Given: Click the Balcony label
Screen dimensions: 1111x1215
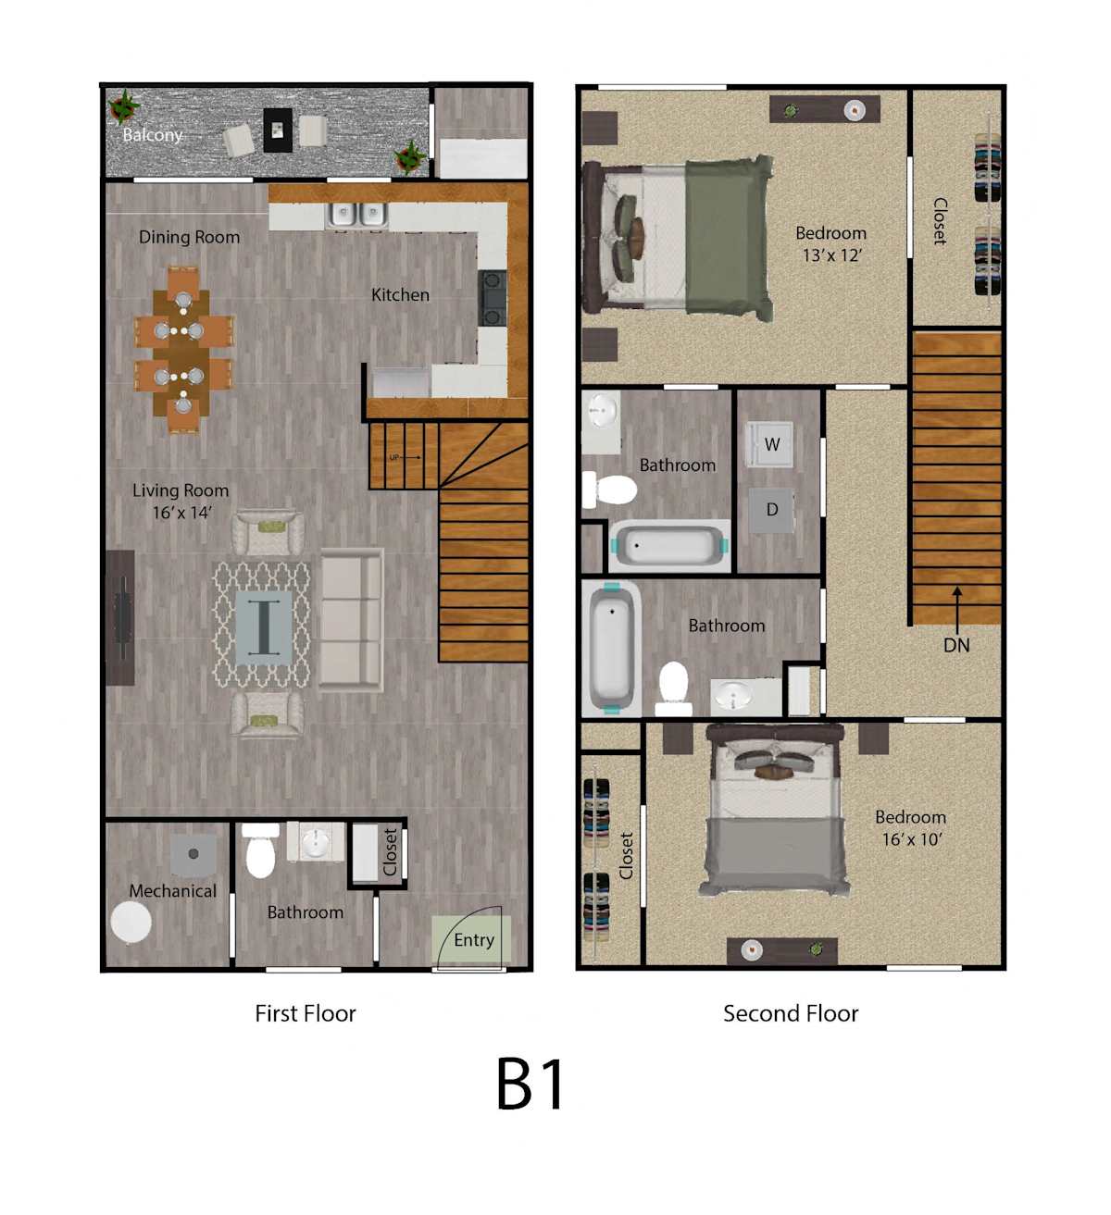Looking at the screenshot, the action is click(152, 134).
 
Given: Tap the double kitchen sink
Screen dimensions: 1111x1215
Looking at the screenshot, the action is click(357, 214).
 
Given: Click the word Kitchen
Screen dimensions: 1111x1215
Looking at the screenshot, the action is click(400, 295).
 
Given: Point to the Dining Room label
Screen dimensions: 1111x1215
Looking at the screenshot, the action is click(189, 237).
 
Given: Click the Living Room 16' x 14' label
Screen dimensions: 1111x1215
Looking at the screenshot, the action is click(181, 502).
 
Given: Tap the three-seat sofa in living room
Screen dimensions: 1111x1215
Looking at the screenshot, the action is click(351, 620).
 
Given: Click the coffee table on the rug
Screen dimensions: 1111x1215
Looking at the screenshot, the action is click(264, 627).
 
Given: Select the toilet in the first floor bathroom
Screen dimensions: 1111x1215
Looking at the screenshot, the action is click(261, 849).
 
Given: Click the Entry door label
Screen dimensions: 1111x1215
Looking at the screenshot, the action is click(474, 939).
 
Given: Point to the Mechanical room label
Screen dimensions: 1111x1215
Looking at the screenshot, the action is click(173, 890).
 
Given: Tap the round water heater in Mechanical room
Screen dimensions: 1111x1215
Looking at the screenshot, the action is click(131, 923).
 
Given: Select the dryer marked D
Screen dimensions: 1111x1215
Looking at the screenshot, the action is click(771, 510).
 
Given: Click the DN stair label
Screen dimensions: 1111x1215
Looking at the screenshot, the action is click(956, 645).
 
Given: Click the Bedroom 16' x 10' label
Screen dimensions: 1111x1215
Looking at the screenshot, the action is click(910, 828).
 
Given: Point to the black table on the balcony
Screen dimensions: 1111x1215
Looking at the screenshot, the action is click(278, 130).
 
